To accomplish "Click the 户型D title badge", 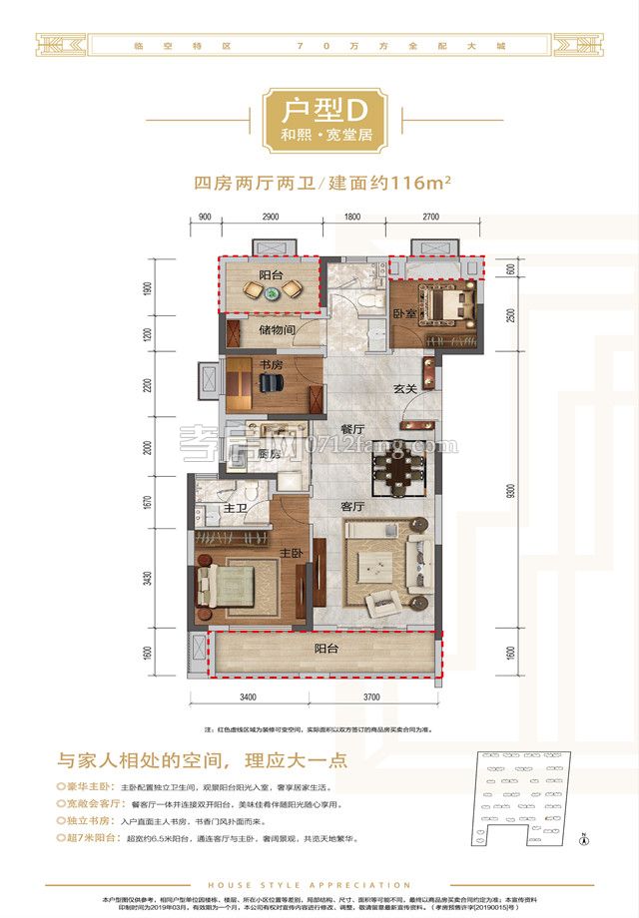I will (x=319, y=119).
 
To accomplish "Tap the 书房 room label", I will (x=269, y=366).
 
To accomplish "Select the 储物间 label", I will (x=274, y=328).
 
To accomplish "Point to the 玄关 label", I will (x=403, y=389).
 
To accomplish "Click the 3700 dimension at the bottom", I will (x=374, y=695).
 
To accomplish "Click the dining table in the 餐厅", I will (x=397, y=468).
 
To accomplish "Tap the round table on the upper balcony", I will (x=271, y=293).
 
